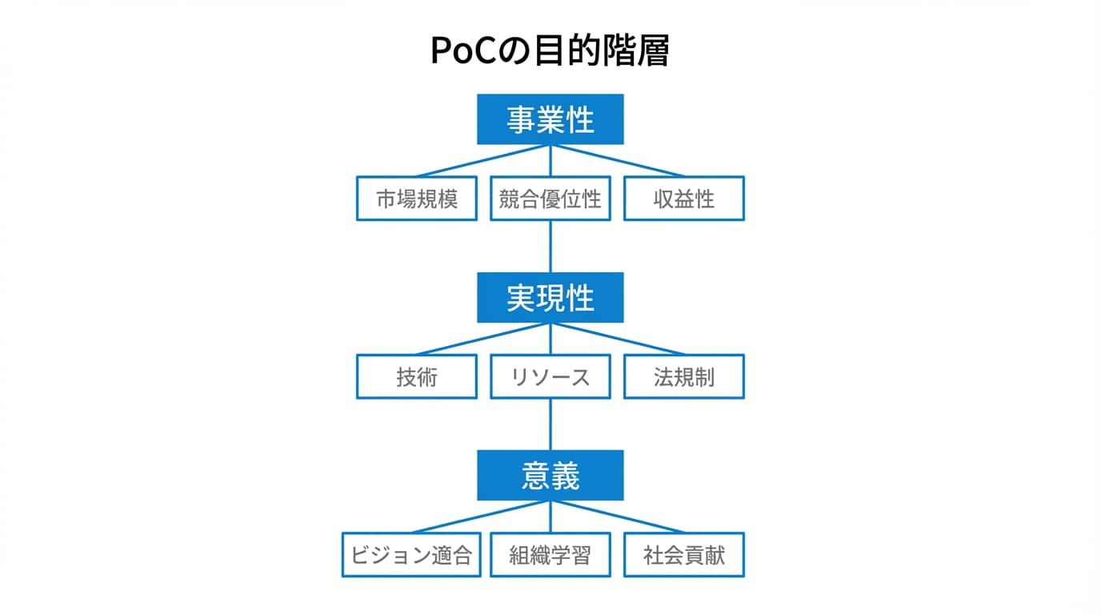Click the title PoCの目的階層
pyautogui.click(x=550, y=50)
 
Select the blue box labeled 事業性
pyautogui.click(x=550, y=119)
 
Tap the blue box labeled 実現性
pyautogui.click(x=550, y=297)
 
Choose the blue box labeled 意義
pyautogui.click(x=550, y=475)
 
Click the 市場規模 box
pyautogui.click(x=416, y=199)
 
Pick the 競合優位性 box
pyautogui.click(x=550, y=199)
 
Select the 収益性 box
pyautogui.click(x=683, y=199)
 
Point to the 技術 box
pyautogui.click(x=416, y=376)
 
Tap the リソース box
pyautogui.click(x=550, y=376)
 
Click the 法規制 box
pyautogui.click(x=683, y=376)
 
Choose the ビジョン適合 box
pyautogui.click(x=411, y=555)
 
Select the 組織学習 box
pyautogui.click(x=550, y=555)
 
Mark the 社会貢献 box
pyautogui.click(x=683, y=555)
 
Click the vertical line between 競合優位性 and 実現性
pyautogui.click(x=550, y=246)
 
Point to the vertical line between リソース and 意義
pyautogui.click(x=550, y=424)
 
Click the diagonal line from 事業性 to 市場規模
pyautogui.click(x=483, y=161)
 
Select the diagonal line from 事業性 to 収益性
pyautogui.click(x=617, y=161)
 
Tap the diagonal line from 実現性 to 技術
pyautogui.click(x=483, y=339)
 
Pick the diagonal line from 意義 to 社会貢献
pyautogui.click(x=617, y=517)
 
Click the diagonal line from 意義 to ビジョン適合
pyautogui.click(x=482, y=517)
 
